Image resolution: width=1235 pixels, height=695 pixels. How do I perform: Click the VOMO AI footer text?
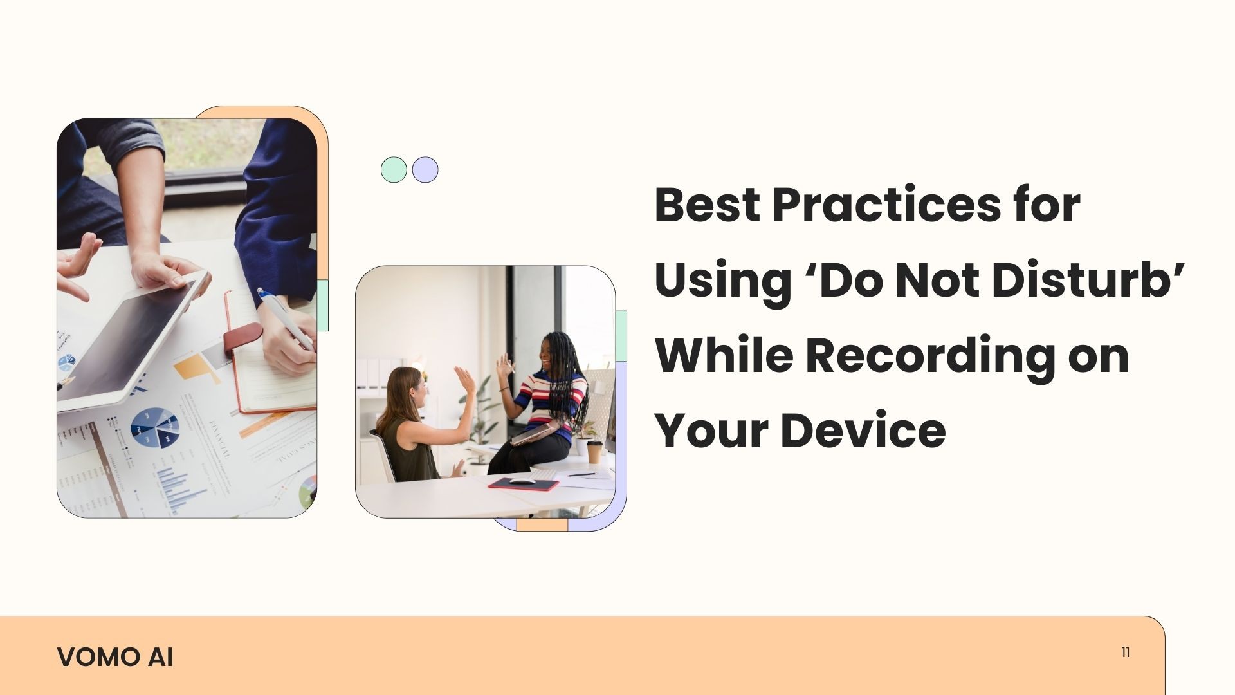[115, 657]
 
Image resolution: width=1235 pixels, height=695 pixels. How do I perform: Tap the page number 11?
[1125, 652]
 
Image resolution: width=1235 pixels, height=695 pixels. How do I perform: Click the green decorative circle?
[394, 170]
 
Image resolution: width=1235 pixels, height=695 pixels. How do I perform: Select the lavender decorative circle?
[425, 170]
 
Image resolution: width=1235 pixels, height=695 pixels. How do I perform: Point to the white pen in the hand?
[286, 319]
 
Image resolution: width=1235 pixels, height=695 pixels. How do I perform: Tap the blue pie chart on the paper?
[155, 427]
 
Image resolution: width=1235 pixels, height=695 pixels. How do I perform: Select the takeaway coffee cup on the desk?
[594, 452]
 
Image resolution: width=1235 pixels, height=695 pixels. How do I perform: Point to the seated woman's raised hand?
[465, 380]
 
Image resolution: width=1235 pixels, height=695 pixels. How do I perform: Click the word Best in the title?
[708, 206]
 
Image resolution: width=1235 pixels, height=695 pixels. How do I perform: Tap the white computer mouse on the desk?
[522, 480]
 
